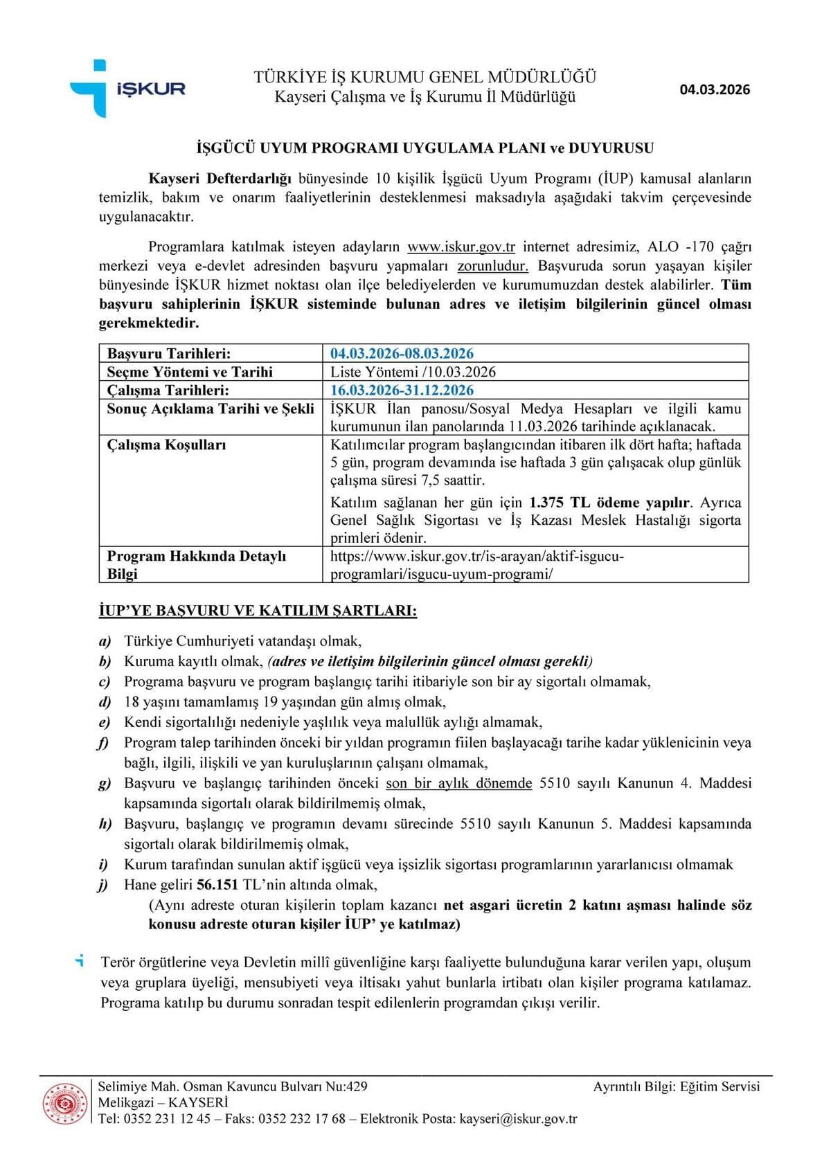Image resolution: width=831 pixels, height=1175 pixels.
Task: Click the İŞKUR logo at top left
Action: point(128,89)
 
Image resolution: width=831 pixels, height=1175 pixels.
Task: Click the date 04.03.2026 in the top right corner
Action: point(715,89)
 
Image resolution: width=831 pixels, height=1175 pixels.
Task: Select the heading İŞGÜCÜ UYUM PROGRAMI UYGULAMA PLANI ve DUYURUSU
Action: point(425,148)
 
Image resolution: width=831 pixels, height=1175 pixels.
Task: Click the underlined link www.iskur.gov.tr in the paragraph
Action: point(461,247)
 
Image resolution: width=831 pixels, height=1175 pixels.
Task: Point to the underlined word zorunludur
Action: point(493,266)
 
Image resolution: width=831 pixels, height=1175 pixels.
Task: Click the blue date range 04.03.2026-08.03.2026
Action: point(402,353)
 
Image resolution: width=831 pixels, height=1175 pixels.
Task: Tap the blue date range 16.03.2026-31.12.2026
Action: point(402,390)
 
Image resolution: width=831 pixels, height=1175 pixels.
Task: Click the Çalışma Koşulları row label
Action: point(166,445)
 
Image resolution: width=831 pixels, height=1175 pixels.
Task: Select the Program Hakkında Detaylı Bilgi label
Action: point(196,564)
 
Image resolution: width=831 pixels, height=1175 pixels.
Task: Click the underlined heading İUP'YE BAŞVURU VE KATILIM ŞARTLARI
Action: point(258,611)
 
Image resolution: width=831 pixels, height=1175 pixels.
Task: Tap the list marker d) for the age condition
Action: point(105,702)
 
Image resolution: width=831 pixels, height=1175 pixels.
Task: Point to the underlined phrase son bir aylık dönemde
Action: point(458,783)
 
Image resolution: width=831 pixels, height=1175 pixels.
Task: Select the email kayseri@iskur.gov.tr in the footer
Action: point(518,1119)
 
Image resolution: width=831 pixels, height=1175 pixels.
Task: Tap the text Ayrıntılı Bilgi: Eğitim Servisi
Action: point(676,1086)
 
